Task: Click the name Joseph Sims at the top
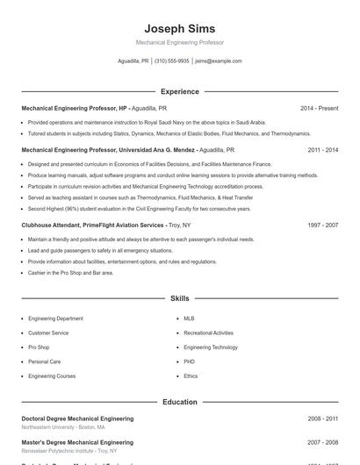click(179, 29)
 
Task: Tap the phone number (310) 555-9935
click(171, 61)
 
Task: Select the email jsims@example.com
click(218, 61)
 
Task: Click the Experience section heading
click(179, 91)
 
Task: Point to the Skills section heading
click(179, 299)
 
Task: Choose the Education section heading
click(179, 402)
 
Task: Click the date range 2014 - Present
click(319, 108)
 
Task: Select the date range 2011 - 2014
click(322, 150)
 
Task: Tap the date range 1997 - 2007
click(322, 225)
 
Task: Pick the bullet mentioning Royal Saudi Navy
click(146, 123)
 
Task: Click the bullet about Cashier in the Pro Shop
click(70, 273)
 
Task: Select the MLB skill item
click(189, 318)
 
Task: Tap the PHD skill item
click(189, 361)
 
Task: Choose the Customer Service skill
click(48, 333)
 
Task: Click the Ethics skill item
click(191, 376)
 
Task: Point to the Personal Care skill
click(44, 361)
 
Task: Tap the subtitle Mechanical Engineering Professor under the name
click(179, 42)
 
